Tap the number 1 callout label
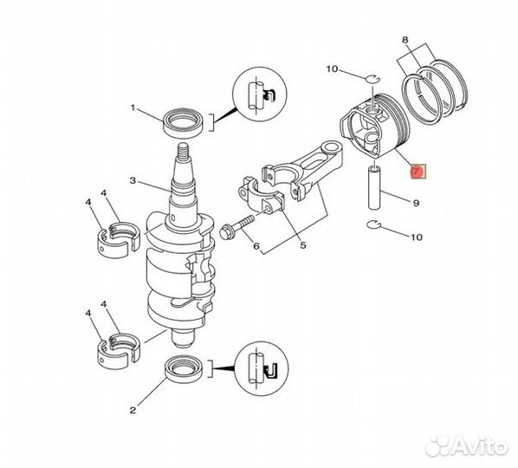tap(133, 108)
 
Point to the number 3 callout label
tap(133, 181)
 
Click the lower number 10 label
tap(416, 235)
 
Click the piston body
tap(372, 130)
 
